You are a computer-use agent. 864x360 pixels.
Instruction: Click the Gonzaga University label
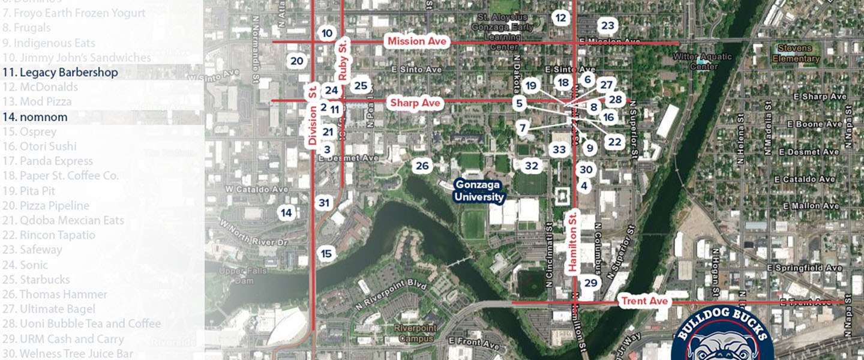pyautogui.click(x=479, y=191)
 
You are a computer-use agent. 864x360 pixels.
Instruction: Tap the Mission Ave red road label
pyautogui.click(x=417, y=41)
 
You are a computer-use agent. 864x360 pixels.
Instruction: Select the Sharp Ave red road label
pyautogui.click(x=415, y=103)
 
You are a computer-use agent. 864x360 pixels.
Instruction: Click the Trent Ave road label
pyautogui.click(x=645, y=301)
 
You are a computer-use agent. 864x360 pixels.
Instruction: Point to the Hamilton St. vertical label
pyautogui.click(x=572, y=241)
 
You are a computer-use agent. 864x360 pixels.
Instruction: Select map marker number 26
pyautogui.click(x=422, y=166)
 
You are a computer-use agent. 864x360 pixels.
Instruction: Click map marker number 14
pyautogui.click(x=287, y=212)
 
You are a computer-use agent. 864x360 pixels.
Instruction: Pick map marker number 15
pyautogui.click(x=326, y=254)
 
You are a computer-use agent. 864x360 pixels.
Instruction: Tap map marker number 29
pyautogui.click(x=591, y=283)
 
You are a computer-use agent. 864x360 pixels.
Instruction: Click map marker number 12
pyautogui.click(x=560, y=18)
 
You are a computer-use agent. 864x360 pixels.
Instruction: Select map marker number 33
pyautogui.click(x=559, y=149)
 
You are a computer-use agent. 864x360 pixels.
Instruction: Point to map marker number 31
pyautogui.click(x=324, y=203)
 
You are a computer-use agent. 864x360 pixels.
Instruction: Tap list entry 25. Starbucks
pyautogui.click(x=44, y=280)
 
